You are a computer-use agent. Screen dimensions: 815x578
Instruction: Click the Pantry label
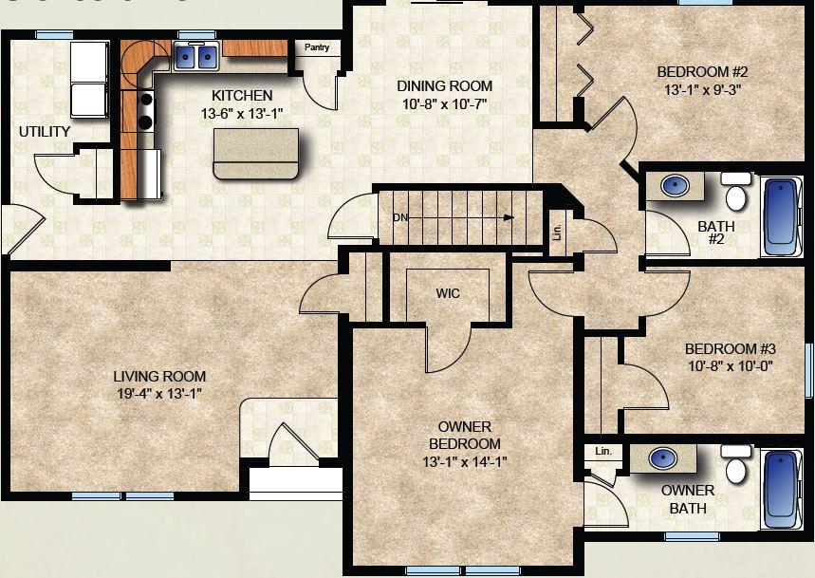point(317,47)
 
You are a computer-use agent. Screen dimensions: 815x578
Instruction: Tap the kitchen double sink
point(196,57)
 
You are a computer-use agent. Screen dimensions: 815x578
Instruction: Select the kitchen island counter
point(256,154)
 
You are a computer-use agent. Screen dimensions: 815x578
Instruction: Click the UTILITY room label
point(45,132)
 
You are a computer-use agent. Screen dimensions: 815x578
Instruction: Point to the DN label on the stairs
point(400,217)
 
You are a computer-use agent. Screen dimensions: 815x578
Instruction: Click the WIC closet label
point(448,293)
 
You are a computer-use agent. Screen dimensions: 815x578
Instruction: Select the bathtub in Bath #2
point(782,217)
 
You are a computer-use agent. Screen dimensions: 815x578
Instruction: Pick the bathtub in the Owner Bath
point(782,490)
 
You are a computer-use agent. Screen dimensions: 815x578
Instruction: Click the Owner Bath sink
point(662,457)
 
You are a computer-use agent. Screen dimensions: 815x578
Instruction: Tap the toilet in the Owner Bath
point(735,464)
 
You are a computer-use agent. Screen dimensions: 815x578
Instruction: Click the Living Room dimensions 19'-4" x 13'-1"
point(159,394)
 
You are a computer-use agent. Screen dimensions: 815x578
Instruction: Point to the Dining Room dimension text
point(444,104)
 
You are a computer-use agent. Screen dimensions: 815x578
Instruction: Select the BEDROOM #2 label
point(702,71)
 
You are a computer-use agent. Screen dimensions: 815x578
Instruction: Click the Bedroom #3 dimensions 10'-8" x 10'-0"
point(731,366)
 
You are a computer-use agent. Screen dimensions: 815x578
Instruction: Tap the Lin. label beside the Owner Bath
point(602,451)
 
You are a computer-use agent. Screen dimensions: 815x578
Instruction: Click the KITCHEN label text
point(242,96)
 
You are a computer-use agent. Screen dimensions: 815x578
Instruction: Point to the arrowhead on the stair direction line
point(509,217)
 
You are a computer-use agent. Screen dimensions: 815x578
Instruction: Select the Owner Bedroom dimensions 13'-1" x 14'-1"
point(464,461)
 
